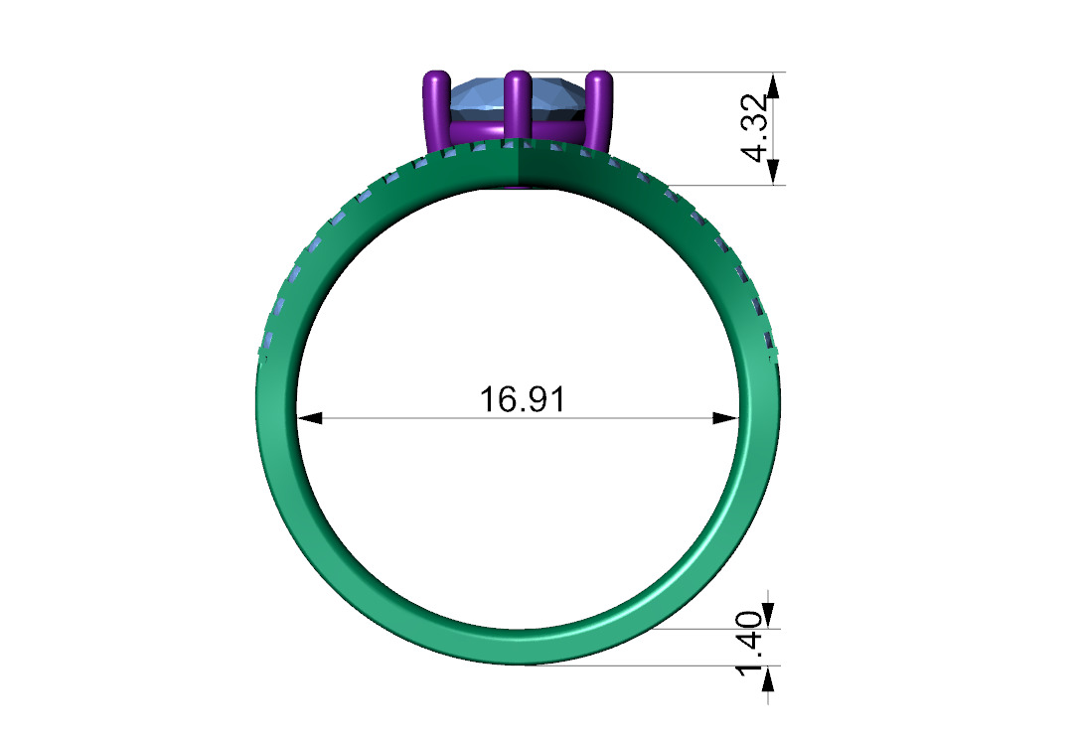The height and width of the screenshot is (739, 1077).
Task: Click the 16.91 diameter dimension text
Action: [x=522, y=399]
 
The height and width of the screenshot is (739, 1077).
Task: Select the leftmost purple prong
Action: [x=435, y=111]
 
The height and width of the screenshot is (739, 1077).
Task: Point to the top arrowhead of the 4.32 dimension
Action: [x=774, y=84]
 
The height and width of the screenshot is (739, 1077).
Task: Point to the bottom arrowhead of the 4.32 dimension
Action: [x=774, y=172]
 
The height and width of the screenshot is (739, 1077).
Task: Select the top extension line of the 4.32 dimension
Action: [x=695, y=72]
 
